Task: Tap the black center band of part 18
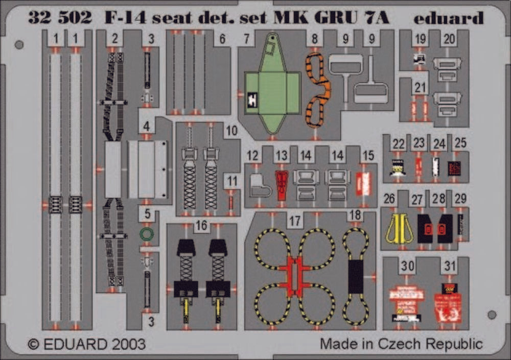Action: coord(356,276)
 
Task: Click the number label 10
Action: coord(231,131)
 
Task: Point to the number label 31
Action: coord(450,266)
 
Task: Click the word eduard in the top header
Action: coord(449,19)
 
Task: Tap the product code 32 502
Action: coord(60,19)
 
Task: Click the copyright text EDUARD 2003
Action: coord(86,343)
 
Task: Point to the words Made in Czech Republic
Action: coord(401,343)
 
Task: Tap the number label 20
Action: coord(450,39)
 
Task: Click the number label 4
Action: coord(147,126)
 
